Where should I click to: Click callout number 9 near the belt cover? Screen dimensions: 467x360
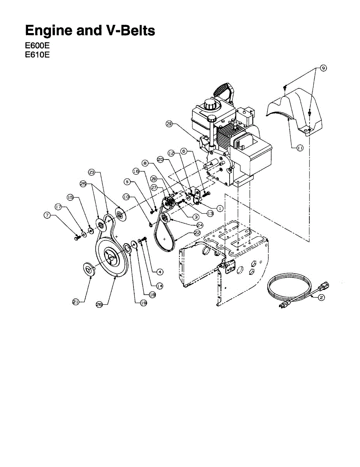coord(323,68)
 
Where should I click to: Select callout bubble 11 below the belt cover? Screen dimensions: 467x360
coord(300,148)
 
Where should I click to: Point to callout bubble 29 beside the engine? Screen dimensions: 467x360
coord(169,124)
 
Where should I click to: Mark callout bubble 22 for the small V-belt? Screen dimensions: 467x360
coord(197,232)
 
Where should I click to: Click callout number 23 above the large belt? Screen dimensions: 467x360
coord(91,171)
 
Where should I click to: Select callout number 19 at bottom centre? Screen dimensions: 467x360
coord(144,302)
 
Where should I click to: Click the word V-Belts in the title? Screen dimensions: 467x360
coord(129,30)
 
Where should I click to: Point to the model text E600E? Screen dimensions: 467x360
coord(37,46)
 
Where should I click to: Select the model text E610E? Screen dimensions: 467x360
coord(37,55)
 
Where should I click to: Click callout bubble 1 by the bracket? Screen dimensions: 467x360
coord(220,208)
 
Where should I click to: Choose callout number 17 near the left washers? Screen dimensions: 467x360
coord(58,207)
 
